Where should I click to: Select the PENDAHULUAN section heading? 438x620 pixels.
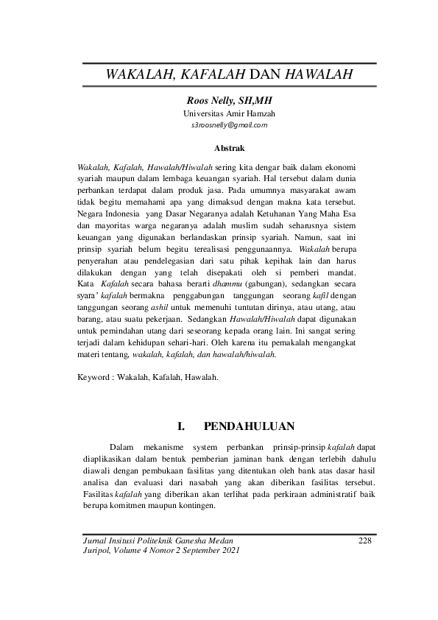[x=250, y=426]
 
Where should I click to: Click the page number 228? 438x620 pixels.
[x=364, y=540]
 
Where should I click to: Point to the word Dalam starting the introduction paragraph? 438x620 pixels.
[x=121, y=445]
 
